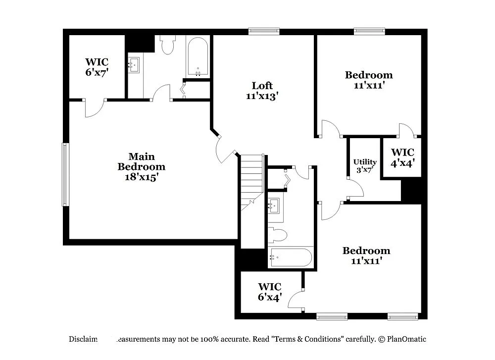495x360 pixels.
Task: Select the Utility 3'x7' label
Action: tap(365, 165)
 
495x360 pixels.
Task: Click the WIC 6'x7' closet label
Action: tap(97, 67)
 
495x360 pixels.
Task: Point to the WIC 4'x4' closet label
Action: tap(402, 156)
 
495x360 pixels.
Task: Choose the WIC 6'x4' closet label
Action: tap(270, 292)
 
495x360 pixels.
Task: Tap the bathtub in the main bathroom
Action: tap(198, 57)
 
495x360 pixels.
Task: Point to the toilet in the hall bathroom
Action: tap(278, 235)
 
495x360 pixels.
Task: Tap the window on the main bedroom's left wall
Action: tap(65, 174)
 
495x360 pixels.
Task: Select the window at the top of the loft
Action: tap(264, 31)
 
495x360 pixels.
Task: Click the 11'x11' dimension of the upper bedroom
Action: tap(369, 85)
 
